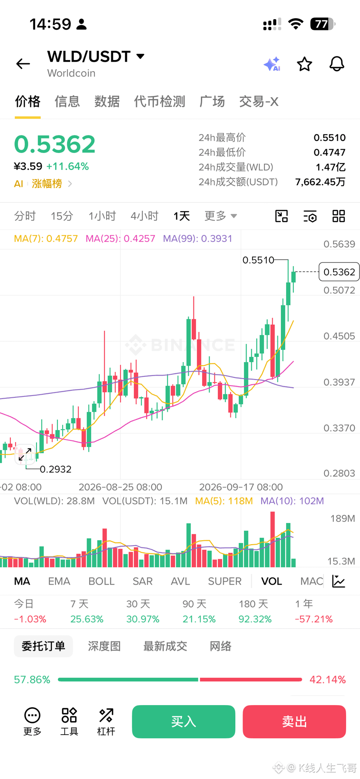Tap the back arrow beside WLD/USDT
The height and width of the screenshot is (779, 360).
pos(23,64)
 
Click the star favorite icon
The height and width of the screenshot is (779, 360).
pos(304,64)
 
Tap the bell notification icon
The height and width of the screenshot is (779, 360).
pos(337,64)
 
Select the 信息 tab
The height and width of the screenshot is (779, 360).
pos(67,102)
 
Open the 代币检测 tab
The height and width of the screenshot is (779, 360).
pos(160,102)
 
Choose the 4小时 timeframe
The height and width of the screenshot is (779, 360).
pos(144,216)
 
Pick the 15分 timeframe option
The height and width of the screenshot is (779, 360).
pos(62,216)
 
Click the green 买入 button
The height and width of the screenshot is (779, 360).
pos(183,722)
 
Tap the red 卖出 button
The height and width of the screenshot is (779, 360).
pos(294,722)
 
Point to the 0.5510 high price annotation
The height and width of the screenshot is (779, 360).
pos(258,260)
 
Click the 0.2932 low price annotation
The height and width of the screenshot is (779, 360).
pos(56,469)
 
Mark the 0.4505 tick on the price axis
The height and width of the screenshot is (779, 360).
pos(339,336)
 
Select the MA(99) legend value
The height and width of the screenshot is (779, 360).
pos(197,239)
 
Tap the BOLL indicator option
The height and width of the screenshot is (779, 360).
pos(101,581)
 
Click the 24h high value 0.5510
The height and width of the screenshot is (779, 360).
pos(330,138)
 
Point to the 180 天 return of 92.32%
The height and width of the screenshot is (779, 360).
pos(255,619)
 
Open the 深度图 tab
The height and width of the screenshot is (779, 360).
pos(104,646)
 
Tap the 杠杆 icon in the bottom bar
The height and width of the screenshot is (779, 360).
pos(106,722)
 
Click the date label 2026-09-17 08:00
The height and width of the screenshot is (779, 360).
pos(241,487)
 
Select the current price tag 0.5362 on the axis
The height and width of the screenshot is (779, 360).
pos(339,272)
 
